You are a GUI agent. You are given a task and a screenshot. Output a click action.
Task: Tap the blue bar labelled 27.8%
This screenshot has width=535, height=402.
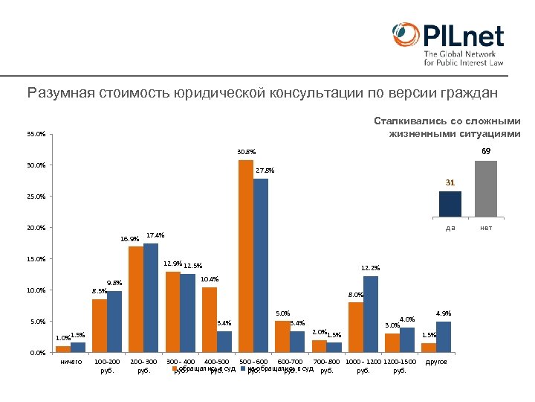260,265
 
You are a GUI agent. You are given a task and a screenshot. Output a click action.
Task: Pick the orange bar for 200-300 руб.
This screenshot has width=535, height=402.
136,299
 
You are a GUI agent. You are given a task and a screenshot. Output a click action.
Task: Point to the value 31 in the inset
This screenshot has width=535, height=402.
450,182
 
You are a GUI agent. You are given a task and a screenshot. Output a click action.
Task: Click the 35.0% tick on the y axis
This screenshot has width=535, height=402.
36,135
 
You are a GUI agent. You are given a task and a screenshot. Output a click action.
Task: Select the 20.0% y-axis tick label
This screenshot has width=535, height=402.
36,228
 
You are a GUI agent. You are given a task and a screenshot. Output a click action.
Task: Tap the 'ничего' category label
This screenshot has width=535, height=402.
71,362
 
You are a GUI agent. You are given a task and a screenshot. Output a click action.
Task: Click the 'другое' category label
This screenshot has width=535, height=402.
436,362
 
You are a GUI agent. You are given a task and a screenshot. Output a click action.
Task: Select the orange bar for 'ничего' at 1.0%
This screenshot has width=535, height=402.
63,348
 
